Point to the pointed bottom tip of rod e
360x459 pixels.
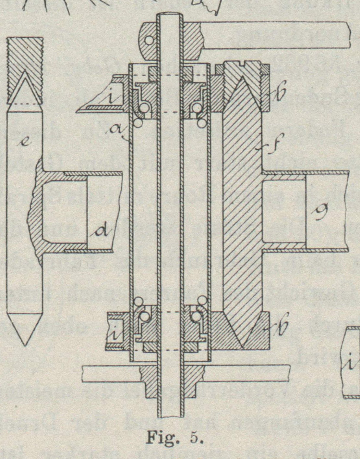tap(24, 342)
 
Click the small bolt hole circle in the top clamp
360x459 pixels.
tap(149, 40)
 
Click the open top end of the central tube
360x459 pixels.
tap(169, 15)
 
